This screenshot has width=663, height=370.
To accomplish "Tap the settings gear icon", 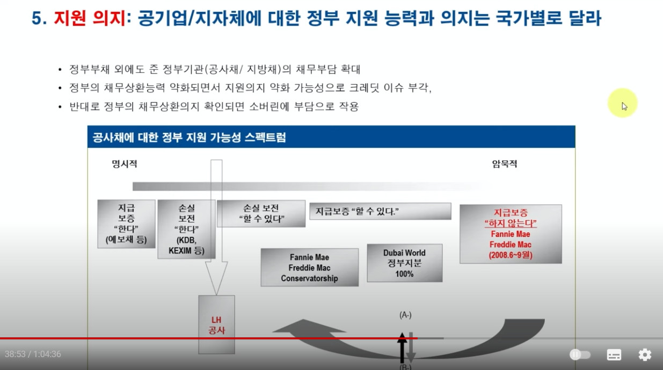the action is point(645,354).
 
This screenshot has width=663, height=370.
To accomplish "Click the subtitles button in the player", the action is point(614,354).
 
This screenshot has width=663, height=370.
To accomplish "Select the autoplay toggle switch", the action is point(580,354).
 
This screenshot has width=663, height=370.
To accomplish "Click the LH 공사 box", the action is point(216,324).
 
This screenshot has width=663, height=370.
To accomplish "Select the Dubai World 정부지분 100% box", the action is point(404,263).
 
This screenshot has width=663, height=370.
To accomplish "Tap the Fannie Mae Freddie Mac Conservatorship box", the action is point(309,267).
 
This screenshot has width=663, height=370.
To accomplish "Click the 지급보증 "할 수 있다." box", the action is point(380,211).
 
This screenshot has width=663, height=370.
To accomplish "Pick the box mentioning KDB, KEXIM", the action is point(186,229).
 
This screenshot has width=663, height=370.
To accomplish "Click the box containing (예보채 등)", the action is point(126,224).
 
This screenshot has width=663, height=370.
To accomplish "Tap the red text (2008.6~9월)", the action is point(511,255).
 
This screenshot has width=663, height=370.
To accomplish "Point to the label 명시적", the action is point(125,164).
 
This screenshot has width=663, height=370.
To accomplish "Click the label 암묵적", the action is point(504,164).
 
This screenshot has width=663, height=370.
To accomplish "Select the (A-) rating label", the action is point(405,315).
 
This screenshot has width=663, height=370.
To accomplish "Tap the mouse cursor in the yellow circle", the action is point(624,106).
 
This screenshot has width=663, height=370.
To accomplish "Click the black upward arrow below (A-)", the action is point(402,347).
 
